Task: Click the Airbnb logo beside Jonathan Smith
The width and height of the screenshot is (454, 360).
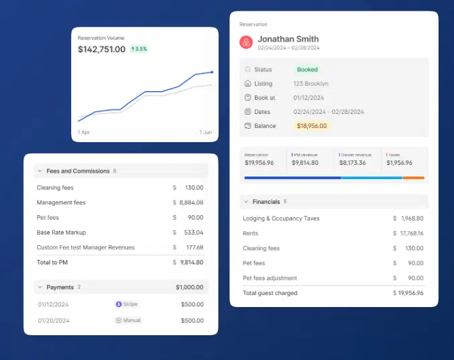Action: tap(246, 43)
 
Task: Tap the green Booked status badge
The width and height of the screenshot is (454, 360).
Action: tap(307, 70)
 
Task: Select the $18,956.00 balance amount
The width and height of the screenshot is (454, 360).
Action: tap(312, 126)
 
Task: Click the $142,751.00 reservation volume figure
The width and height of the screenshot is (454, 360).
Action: tap(101, 49)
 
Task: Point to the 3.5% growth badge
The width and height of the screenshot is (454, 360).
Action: tap(139, 49)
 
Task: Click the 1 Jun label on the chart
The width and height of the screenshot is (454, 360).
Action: tap(206, 132)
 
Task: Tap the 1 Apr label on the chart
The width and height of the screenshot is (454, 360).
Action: tap(84, 132)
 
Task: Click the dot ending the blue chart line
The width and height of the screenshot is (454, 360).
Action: tap(212, 72)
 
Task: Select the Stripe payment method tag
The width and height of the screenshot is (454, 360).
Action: tap(128, 304)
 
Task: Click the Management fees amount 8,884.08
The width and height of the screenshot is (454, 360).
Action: tap(190, 202)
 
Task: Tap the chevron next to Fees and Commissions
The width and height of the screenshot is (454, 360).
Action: tap(40, 171)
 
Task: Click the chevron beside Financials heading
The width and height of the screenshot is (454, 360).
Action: tap(245, 202)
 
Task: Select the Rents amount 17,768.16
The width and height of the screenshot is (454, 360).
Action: tap(411, 233)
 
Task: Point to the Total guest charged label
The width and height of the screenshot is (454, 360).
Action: tap(270, 293)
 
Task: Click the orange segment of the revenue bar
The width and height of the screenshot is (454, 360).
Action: tap(413, 178)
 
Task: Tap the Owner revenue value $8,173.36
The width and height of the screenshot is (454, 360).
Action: tap(352, 162)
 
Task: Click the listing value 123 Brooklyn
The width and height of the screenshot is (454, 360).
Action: tap(310, 84)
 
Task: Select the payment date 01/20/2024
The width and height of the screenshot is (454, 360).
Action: tap(54, 320)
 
